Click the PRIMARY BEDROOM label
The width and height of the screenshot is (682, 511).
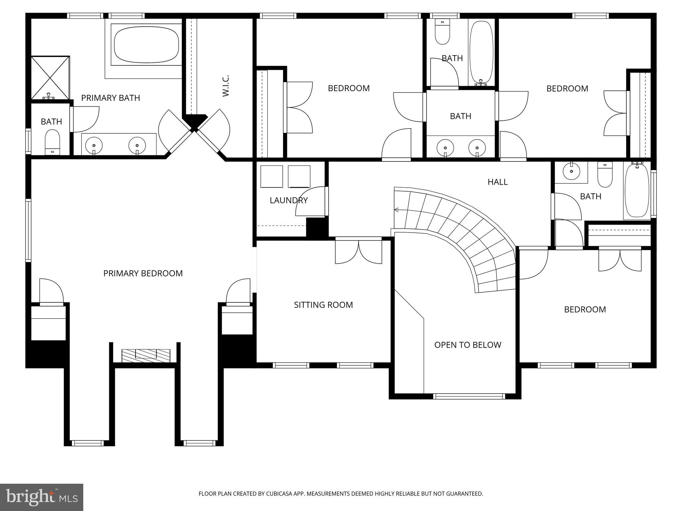pos(143,273)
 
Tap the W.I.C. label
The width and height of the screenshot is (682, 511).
pos(226,86)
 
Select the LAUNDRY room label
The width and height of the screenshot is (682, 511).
pos(288,200)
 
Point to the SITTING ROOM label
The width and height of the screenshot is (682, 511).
pos(323,305)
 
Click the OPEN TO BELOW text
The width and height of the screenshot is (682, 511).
pos(468,345)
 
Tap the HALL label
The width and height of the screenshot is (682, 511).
pos(498,182)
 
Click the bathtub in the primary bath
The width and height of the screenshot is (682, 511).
pos(146,45)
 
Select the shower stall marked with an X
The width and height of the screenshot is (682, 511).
pos(50,78)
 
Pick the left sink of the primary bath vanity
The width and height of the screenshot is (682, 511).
pos(94,145)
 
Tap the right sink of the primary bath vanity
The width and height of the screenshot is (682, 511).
pos(137,145)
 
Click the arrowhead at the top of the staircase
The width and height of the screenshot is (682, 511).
pos(396,210)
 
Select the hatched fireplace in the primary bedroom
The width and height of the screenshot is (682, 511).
pos(146,356)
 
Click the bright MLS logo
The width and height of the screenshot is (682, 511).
pos(41,497)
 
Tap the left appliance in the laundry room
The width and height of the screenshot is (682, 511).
pos(271,176)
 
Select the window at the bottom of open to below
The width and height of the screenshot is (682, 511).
pos(469,396)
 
